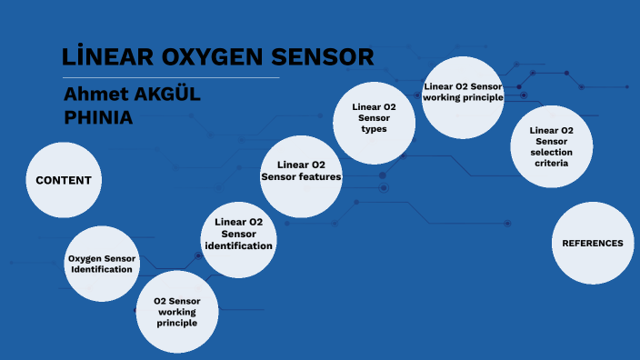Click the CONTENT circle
[64, 180]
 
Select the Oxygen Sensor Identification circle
[102, 264]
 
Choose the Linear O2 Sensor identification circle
[238, 235]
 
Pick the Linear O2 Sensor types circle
[374, 118]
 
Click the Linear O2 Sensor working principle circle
[463, 93]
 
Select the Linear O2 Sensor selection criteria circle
[551, 147]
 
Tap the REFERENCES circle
[593, 243]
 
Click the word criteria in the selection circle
[551, 164]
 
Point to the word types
[374, 129]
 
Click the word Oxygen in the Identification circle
[84, 258]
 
